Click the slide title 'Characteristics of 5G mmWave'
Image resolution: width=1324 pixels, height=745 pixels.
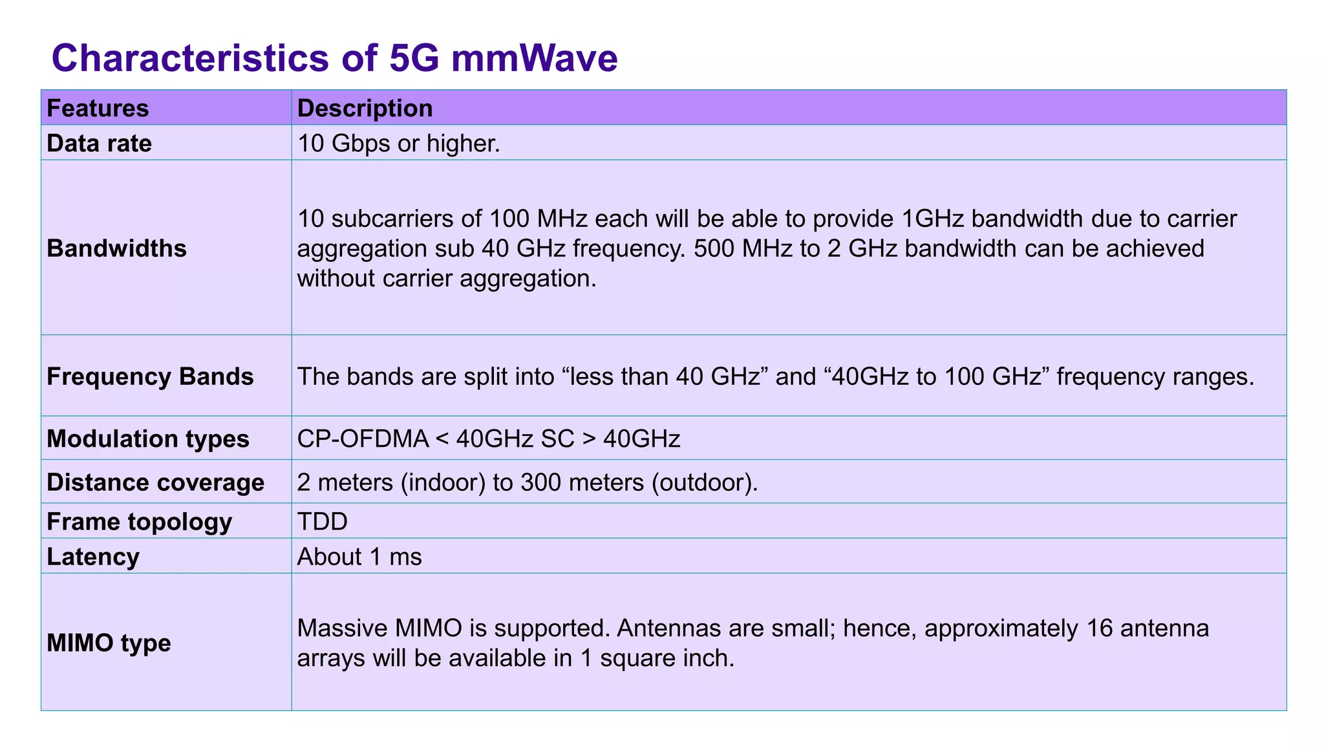334,58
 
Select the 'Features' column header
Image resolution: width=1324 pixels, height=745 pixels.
98,108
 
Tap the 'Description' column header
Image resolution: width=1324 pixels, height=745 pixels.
365,108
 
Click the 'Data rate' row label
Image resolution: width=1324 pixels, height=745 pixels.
99,143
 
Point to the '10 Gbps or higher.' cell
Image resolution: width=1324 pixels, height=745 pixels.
398,143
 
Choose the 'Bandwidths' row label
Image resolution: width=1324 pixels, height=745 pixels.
116,248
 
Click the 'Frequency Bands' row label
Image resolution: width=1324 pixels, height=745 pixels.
150,376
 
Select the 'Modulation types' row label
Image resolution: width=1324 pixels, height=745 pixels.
147,438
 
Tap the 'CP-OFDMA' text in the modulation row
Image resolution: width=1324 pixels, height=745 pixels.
363,438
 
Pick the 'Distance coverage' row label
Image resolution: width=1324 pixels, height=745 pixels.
155,482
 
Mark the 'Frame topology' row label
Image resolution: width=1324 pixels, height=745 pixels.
139,521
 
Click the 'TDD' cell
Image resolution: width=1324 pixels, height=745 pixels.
322,521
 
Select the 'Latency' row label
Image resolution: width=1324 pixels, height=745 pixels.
93,557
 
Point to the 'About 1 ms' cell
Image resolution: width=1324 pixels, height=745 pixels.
359,557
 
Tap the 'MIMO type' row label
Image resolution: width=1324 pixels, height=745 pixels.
109,643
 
